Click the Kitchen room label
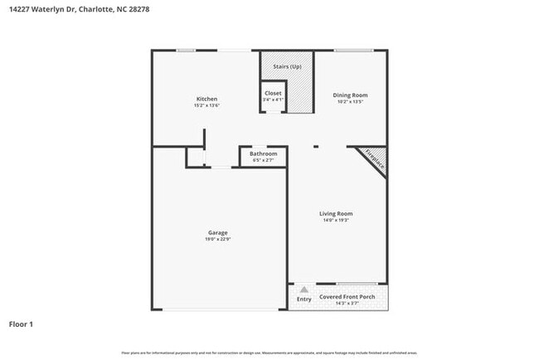click(x=206, y=100)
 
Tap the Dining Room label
click(x=350, y=95)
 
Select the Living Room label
click(x=336, y=214)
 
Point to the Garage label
click(x=217, y=232)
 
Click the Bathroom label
click(x=264, y=153)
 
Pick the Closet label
click(x=273, y=93)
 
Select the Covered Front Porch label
click(x=347, y=296)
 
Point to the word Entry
click(x=304, y=299)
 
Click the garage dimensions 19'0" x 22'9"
click(x=217, y=240)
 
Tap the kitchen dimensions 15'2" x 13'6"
click(x=206, y=106)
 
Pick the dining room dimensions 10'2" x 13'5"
click(x=350, y=102)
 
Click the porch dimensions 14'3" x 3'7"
click(x=347, y=304)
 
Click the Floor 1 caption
click(x=21, y=324)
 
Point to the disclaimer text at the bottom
click(x=269, y=353)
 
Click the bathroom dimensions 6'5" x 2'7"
click(x=264, y=160)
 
